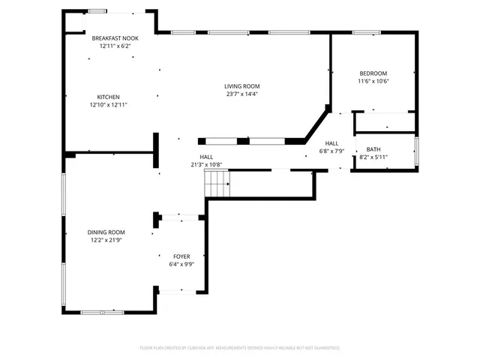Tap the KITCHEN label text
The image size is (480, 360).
[108, 97]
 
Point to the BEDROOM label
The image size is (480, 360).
[373, 73]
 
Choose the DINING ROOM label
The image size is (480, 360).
[106, 232]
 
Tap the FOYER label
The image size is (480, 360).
[182, 256]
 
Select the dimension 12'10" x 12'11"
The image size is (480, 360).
[109, 105]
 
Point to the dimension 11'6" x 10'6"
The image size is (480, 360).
[373, 81]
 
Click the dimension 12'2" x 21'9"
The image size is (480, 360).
[106, 241]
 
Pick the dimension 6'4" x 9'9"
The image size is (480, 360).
[182, 264]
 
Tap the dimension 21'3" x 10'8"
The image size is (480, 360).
[205, 164]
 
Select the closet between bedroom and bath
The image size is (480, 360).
[383, 121]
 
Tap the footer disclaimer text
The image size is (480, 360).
[240, 348]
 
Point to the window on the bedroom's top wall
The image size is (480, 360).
[365, 32]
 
